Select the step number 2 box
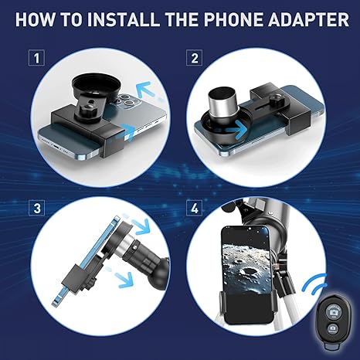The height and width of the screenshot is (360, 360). [x=194, y=58]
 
